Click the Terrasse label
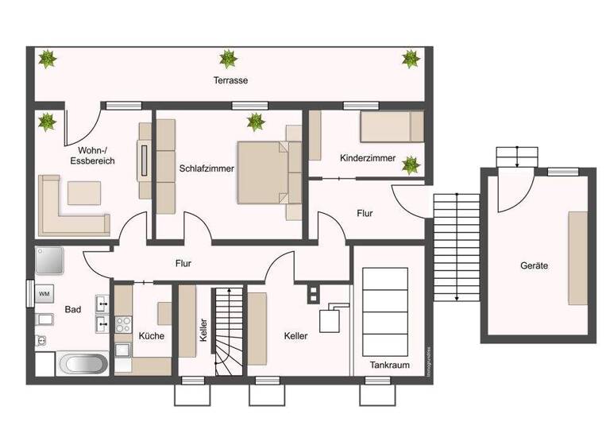[x=231, y=81]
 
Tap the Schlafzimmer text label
[x=205, y=168]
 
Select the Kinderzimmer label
[x=367, y=158]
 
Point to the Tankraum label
[x=388, y=365]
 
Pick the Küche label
[x=151, y=336]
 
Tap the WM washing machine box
[x=44, y=294]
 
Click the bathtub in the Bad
[x=83, y=365]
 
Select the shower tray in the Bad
[x=48, y=260]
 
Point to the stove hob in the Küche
[x=124, y=325]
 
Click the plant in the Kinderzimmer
[x=411, y=164]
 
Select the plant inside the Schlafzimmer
[x=256, y=122]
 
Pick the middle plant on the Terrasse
[x=229, y=58]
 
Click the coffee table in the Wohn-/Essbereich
[x=84, y=192]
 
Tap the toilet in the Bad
[x=42, y=341]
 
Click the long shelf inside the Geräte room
[x=577, y=257]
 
